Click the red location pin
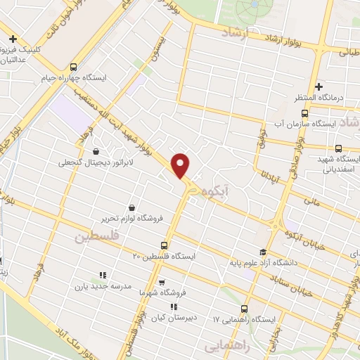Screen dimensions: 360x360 point(181,165)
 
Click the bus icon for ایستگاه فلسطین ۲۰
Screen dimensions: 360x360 point(164,245)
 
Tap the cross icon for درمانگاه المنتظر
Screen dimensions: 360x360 point(319,86)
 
